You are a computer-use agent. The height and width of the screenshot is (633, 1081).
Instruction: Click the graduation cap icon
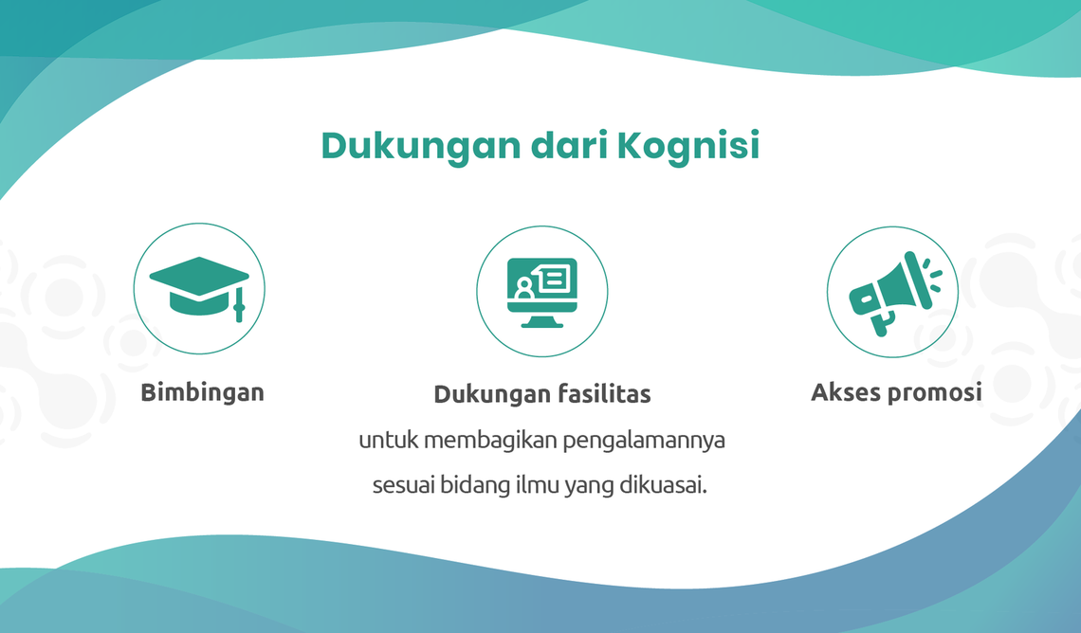(x=199, y=288)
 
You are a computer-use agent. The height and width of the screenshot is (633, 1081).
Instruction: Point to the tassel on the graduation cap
(x=239, y=304)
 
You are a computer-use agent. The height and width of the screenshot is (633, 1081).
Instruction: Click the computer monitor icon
(x=541, y=292)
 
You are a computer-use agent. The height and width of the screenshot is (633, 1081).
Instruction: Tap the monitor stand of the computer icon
(x=541, y=320)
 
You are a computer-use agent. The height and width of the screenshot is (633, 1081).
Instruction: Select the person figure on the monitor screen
(x=524, y=289)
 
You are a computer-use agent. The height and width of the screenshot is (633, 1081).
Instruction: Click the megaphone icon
(x=894, y=293)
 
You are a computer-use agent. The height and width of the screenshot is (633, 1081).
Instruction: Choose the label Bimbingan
(x=202, y=392)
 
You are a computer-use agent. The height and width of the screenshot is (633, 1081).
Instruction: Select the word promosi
(x=934, y=393)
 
